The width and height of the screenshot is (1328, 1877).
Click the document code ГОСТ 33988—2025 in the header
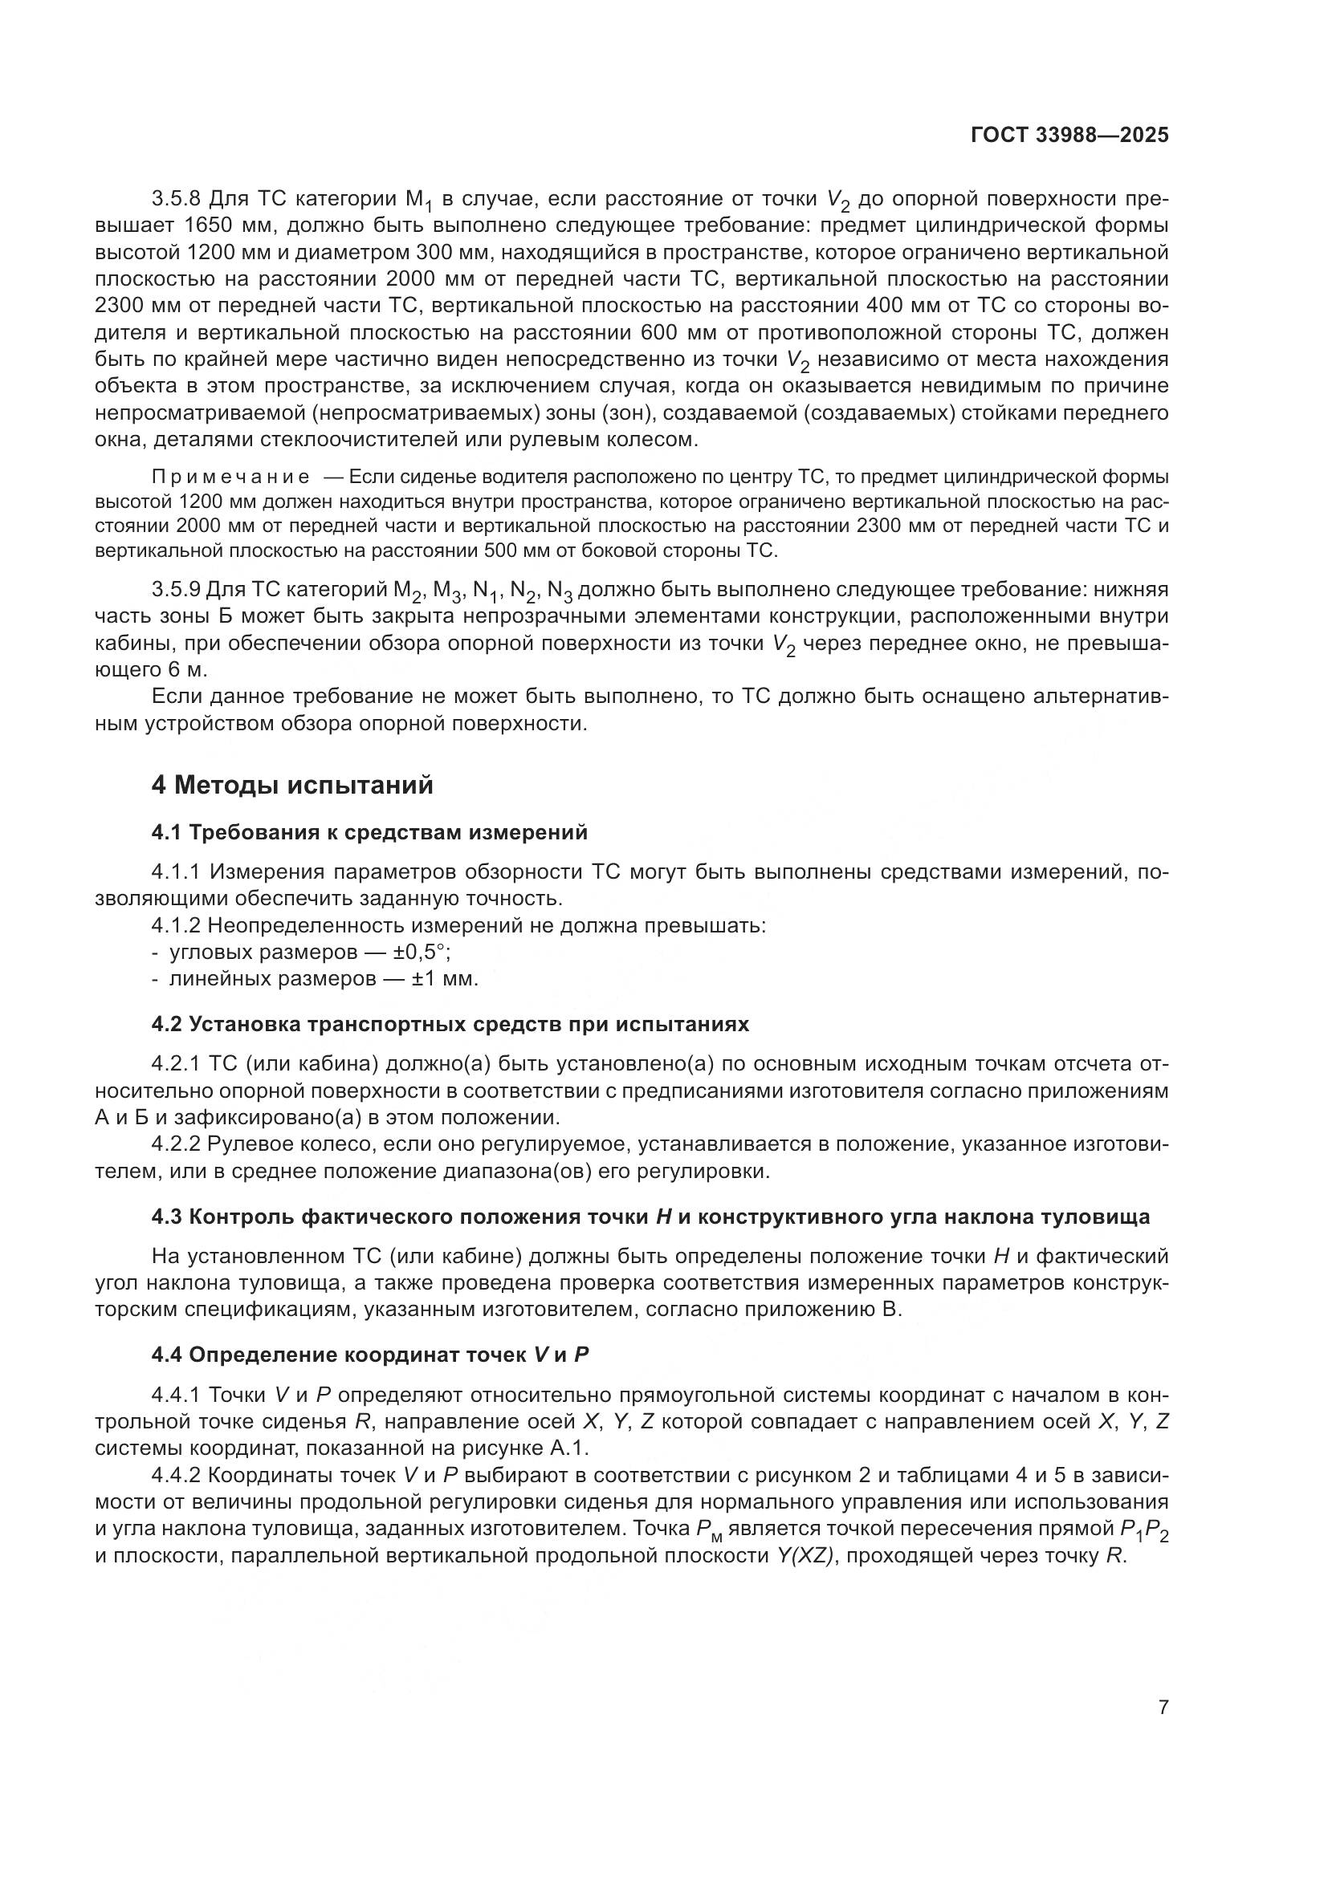click(x=1069, y=135)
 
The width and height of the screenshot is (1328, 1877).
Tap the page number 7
click(x=1163, y=1708)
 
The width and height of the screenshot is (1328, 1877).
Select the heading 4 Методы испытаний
click(x=292, y=786)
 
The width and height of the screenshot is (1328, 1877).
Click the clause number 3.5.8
click(x=177, y=199)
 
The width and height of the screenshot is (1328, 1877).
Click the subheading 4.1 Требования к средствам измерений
click(x=369, y=832)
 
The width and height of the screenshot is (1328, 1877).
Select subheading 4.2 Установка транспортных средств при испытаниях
click(x=450, y=1024)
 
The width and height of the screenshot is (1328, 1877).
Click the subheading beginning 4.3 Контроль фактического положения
click(x=650, y=1217)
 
